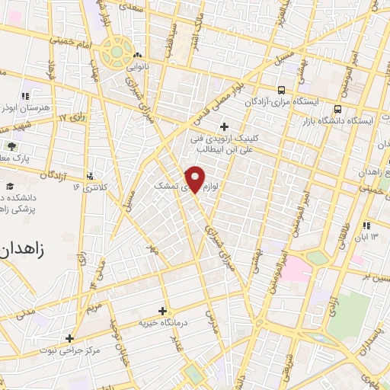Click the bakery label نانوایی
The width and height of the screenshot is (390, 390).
tap(136, 67)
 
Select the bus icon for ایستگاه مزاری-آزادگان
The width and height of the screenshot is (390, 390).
tap(282, 88)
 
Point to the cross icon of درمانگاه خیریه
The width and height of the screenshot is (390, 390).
tap(161, 311)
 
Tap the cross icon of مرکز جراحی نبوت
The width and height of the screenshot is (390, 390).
tap(69, 337)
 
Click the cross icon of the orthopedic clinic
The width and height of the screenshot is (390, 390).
tap(223, 126)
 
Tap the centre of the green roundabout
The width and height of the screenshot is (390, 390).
tap(119, 52)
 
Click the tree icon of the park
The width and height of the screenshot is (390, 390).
tap(11, 145)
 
